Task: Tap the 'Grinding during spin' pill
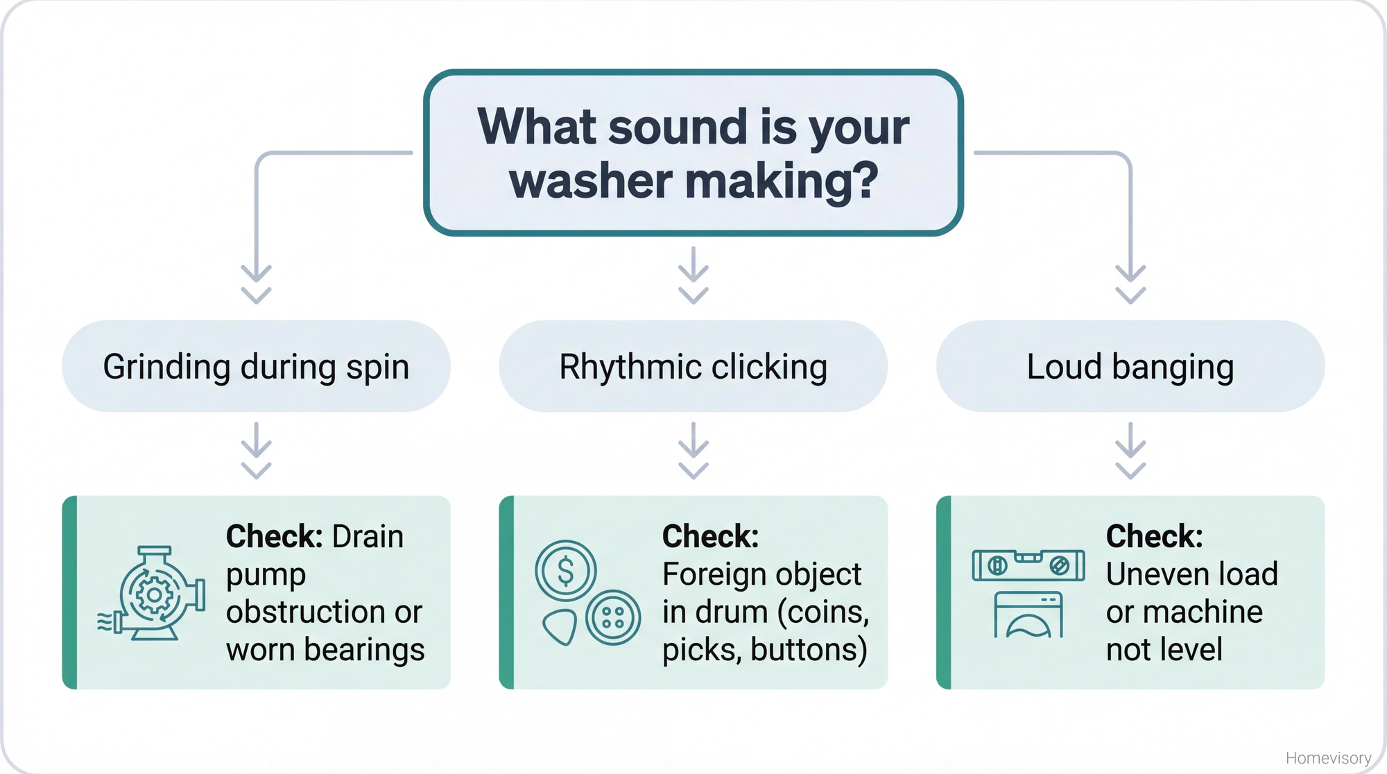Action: click(x=256, y=366)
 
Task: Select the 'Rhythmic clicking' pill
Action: click(x=693, y=366)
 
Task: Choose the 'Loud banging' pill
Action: click(x=1130, y=366)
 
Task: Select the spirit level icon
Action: click(x=1028, y=565)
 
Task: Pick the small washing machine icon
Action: click(x=1028, y=614)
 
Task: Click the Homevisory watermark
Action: click(x=1327, y=758)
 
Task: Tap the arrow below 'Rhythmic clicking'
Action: click(x=693, y=451)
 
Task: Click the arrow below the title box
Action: click(x=693, y=275)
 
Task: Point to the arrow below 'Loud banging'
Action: click(x=1130, y=451)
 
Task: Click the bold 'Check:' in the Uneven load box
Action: click(x=1154, y=536)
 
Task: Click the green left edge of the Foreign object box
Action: click(x=507, y=592)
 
